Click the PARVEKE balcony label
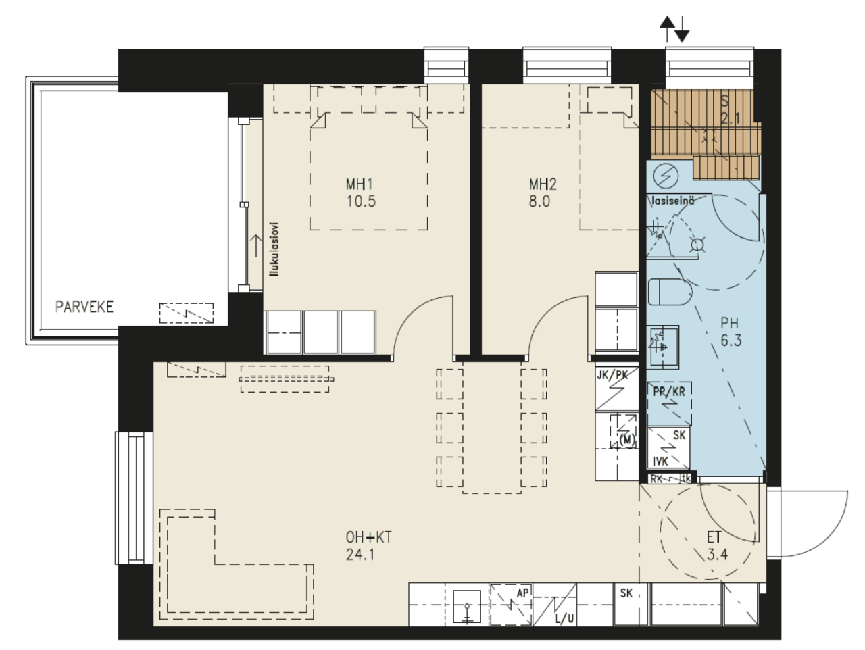pos(84,307)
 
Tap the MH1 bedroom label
pos(359,184)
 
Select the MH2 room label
pos(543,184)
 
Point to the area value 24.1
pos(360,555)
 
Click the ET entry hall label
pos(714,537)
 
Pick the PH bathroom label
pos(729,324)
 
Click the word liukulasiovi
pos(274,249)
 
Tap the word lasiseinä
pos(673,201)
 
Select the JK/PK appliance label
pos(612,375)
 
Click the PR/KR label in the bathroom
pos(669,392)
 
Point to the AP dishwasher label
pos(522,593)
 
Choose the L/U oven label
pos(564,619)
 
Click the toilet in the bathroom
pos(670,292)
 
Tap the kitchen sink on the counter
pos(467,606)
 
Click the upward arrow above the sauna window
pos(667,29)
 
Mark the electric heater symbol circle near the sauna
pos(666,176)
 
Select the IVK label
pos(660,461)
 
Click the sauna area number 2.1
pos(731,118)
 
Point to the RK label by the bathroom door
pos(656,479)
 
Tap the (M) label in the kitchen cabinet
pos(627,441)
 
